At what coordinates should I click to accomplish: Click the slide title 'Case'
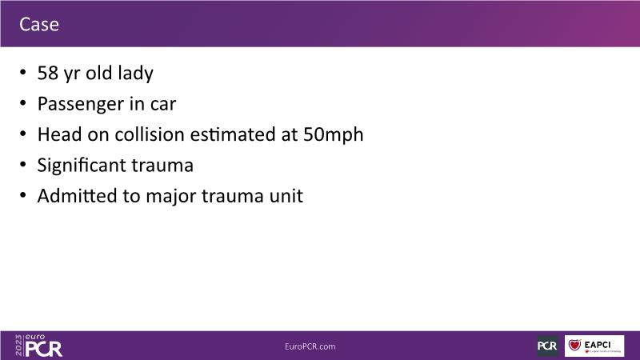click(x=39, y=25)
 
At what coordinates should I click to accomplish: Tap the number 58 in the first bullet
click(x=48, y=73)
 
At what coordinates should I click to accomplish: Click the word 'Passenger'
click(x=81, y=105)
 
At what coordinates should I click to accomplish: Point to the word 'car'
click(x=163, y=105)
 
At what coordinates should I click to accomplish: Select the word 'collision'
click(x=150, y=134)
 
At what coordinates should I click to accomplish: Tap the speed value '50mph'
click(x=333, y=135)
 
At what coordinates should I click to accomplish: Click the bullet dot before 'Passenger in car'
click(x=23, y=103)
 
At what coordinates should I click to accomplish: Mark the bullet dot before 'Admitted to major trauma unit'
click(x=23, y=195)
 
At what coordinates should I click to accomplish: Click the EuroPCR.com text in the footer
click(x=310, y=346)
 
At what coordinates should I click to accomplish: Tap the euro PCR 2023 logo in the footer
click(x=38, y=346)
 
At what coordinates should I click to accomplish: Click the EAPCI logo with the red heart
click(x=594, y=346)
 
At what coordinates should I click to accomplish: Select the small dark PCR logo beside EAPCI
click(x=547, y=346)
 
